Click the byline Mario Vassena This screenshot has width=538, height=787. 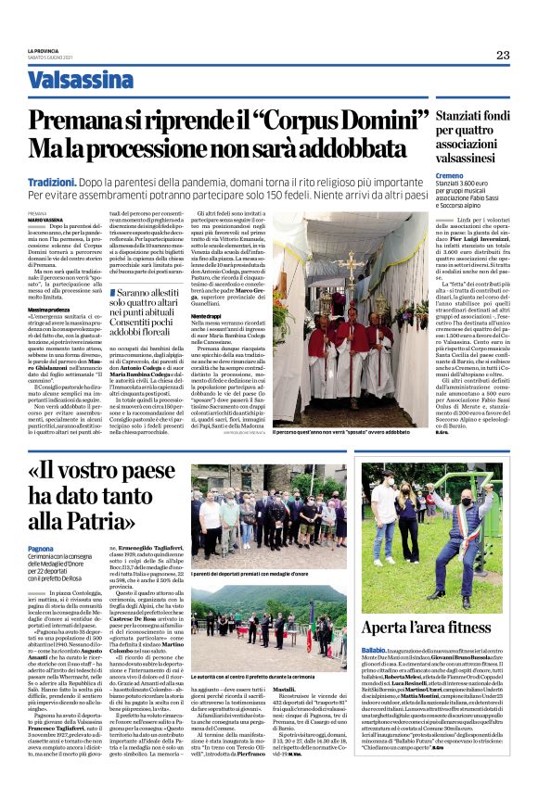(x=44, y=220)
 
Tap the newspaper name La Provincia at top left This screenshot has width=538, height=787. (x=44, y=50)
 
